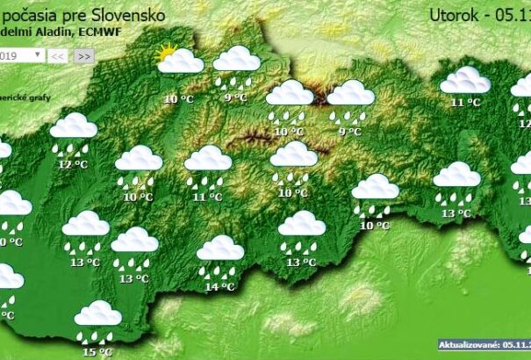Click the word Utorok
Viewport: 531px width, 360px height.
click(456, 14)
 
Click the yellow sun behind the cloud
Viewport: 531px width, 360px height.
click(165, 54)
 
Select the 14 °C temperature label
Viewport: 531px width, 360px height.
click(219, 286)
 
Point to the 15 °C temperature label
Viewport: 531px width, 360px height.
click(97, 352)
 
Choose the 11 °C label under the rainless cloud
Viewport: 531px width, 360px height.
click(465, 103)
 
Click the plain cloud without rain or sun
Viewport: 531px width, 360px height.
click(465, 81)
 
